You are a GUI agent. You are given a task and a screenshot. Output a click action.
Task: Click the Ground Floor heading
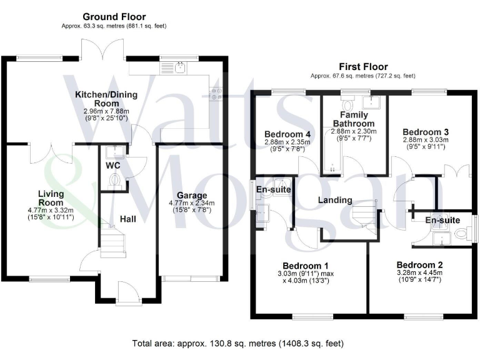[x=114, y=17]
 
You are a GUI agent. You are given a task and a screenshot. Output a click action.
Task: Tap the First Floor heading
[x=363, y=67]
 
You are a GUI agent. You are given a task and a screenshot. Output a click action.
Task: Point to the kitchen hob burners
[x=217, y=93]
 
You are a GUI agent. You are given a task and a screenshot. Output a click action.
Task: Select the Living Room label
[x=50, y=198]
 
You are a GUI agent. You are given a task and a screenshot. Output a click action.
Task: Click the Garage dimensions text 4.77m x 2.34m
[x=191, y=203]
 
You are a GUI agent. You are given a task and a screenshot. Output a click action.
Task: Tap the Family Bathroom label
[x=353, y=119]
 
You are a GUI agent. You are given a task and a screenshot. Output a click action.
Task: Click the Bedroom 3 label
[x=425, y=132]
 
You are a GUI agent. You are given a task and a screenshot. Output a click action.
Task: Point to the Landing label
[x=335, y=200]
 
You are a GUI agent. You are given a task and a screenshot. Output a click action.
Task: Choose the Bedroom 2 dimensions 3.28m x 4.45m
[x=419, y=272]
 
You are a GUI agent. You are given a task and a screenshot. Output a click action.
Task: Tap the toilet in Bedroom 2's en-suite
[x=461, y=234]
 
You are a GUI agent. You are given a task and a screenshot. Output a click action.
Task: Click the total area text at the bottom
[x=237, y=343]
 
